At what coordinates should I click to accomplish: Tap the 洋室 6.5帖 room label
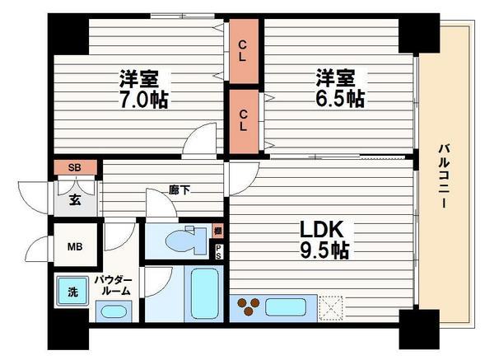338,89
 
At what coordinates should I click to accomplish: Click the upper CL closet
245,50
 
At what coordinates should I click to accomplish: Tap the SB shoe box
75,167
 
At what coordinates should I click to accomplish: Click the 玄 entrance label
74,198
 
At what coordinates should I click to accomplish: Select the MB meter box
75,245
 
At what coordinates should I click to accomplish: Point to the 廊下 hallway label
179,190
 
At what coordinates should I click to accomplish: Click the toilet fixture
184,241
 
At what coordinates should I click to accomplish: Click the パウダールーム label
117,285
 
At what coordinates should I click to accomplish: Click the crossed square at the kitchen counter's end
332,308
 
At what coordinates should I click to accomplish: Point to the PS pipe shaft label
218,251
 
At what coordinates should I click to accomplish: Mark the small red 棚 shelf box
217,231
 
